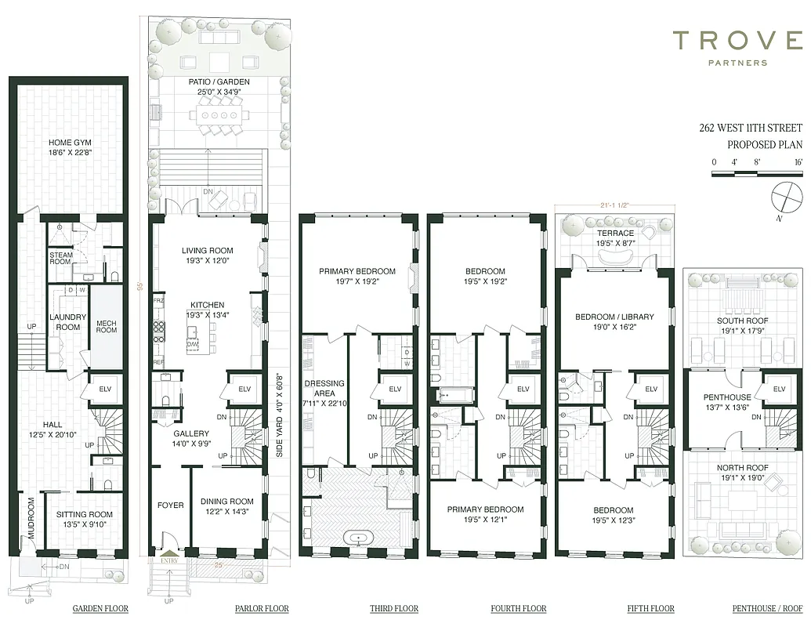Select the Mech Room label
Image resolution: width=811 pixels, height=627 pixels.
106,325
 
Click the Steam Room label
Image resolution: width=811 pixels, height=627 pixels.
61,258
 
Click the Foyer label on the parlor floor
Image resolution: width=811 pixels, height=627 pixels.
170,506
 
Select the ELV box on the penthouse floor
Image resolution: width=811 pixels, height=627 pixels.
778,390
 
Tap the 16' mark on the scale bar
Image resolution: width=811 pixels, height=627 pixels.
798,161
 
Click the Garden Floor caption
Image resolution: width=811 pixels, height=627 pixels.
100,608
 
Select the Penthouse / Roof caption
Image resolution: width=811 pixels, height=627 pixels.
768,608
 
